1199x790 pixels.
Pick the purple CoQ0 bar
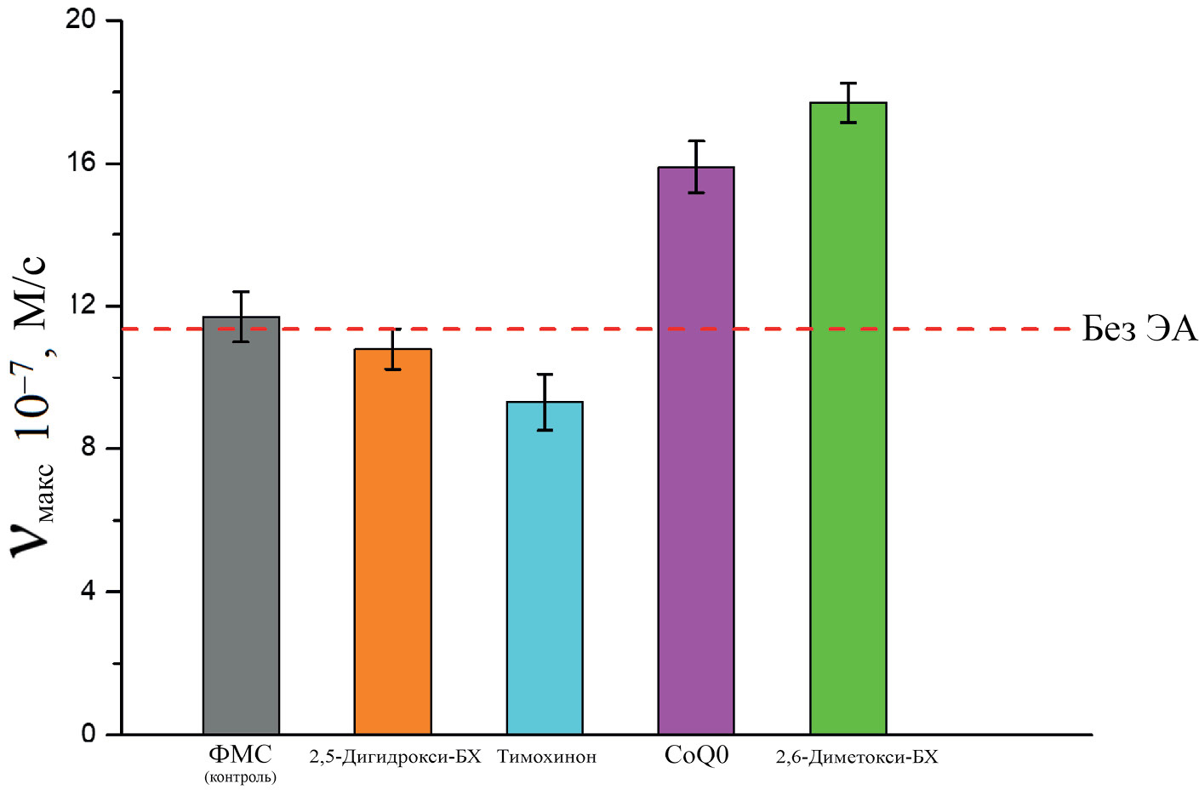point(696,450)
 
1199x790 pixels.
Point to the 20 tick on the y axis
point(81,20)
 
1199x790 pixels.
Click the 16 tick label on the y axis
point(81,163)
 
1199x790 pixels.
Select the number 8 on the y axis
point(88,449)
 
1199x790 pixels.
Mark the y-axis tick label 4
point(88,592)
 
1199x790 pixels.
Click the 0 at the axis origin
point(88,734)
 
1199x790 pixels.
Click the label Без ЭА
point(1139,329)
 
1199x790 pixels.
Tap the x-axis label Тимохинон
point(546,757)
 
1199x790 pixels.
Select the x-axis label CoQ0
point(696,755)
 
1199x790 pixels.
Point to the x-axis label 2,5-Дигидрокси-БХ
point(395,757)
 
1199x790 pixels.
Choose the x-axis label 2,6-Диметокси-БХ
point(856,757)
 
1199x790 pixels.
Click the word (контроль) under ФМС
point(240,776)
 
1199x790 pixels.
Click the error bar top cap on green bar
point(848,83)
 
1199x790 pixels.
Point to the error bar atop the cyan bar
point(545,402)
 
